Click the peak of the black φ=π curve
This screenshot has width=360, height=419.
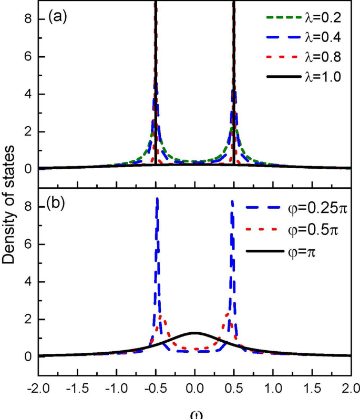[x=194, y=332]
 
